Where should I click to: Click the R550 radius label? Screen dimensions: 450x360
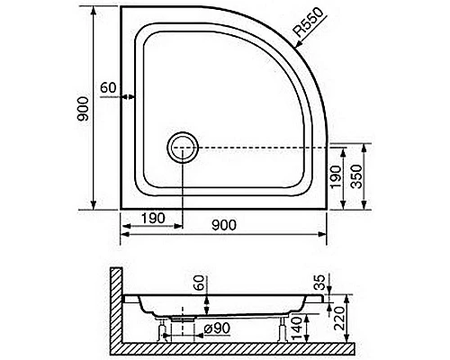[x=309, y=22]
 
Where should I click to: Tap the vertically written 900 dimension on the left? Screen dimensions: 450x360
[x=83, y=109]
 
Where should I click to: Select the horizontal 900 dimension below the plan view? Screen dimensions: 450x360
[x=224, y=225]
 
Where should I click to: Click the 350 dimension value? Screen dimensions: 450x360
[x=356, y=176]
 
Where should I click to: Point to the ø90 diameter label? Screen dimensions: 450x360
[x=217, y=328]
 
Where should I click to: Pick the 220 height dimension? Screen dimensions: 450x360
[x=340, y=319]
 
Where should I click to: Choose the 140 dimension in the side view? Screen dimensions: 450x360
[x=296, y=328]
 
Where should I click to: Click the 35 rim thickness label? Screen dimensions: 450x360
[x=320, y=283]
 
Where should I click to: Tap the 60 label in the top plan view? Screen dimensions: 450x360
[x=108, y=88]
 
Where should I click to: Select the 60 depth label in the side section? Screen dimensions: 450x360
[x=200, y=283]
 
